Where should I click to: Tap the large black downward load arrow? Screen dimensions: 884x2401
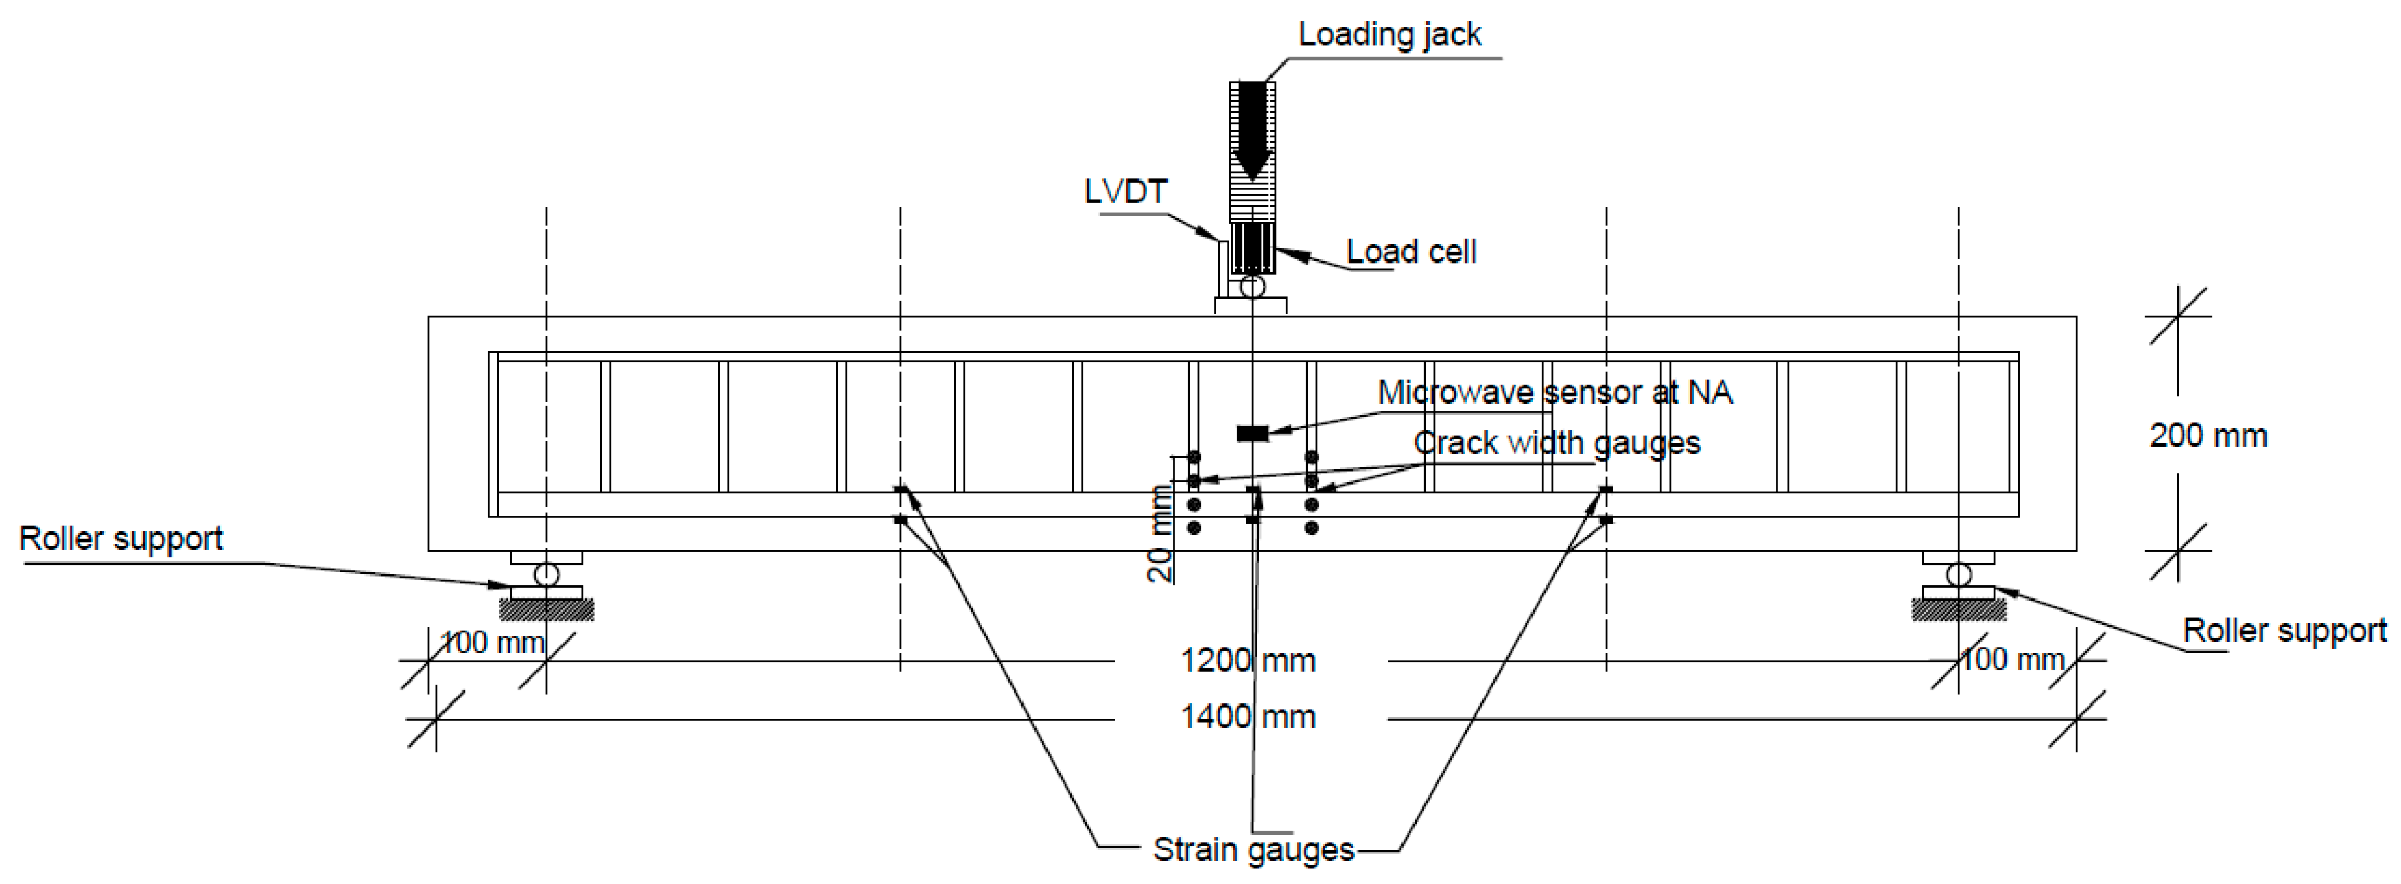(x=1253, y=130)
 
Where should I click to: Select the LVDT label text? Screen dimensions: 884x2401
(x=1125, y=192)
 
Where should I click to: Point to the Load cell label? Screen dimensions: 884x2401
(x=1411, y=252)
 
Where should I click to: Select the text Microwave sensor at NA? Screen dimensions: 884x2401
(x=1554, y=393)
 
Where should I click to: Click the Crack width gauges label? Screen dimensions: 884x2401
(x=1557, y=443)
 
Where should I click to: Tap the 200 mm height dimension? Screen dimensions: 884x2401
(x=2207, y=435)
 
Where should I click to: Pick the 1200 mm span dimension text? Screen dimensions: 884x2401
(x=1248, y=661)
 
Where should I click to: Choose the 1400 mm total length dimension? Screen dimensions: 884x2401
(x=1248, y=717)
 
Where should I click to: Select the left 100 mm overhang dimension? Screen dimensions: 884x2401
(x=491, y=642)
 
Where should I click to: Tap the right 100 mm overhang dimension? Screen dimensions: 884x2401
(x=2012, y=660)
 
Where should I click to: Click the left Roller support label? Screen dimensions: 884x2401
(x=121, y=539)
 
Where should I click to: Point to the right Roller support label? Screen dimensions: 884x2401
(x=2284, y=630)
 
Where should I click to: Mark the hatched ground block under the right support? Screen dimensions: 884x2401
(x=1959, y=610)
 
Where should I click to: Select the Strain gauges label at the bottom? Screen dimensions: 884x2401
(x=1253, y=850)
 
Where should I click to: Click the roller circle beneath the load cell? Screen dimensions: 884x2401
(x=1253, y=286)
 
